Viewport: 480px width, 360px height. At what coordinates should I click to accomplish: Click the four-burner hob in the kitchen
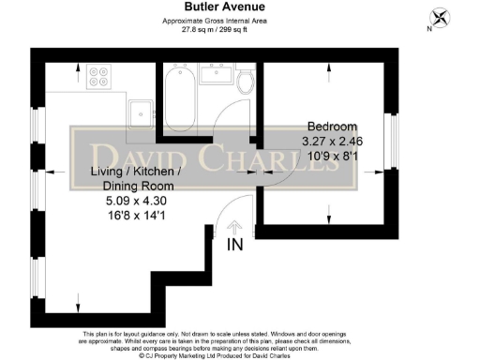pos(99,78)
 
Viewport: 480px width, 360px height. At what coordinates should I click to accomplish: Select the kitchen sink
pos(142,109)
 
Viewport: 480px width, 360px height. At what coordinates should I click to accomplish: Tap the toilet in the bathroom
pos(247,82)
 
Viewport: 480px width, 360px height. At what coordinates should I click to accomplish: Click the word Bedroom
pos(332,127)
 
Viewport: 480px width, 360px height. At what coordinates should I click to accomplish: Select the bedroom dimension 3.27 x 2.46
pos(332,142)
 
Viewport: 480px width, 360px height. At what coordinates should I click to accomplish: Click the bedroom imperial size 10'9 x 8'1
pos(332,157)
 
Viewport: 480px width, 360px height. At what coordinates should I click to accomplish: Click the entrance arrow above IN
pos(233,227)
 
